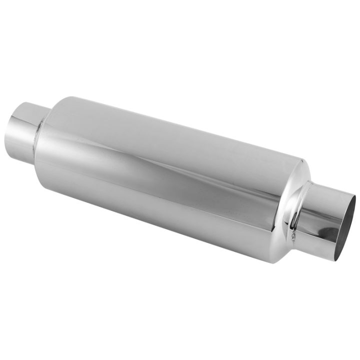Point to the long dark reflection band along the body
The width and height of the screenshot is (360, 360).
[165, 165]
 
